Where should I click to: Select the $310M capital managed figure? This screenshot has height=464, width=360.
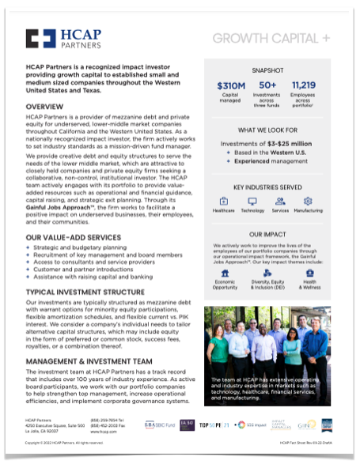pyautogui.click(x=231, y=86)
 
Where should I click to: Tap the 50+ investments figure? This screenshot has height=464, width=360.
pyautogui.click(x=267, y=86)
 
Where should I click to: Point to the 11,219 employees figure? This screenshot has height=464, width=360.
pyautogui.click(x=304, y=86)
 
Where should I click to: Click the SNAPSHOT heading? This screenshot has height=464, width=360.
pyautogui.click(x=267, y=69)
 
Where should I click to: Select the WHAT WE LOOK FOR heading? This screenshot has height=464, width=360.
pyautogui.click(x=267, y=128)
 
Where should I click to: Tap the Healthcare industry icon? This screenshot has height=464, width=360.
pyautogui.click(x=224, y=201)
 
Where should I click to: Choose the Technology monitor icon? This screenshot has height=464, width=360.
pyautogui.click(x=252, y=201)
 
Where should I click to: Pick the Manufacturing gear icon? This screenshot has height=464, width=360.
pyautogui.click(x=308, y=201)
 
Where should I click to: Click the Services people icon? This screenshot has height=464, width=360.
pyautogui.click(x=280, y=201)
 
